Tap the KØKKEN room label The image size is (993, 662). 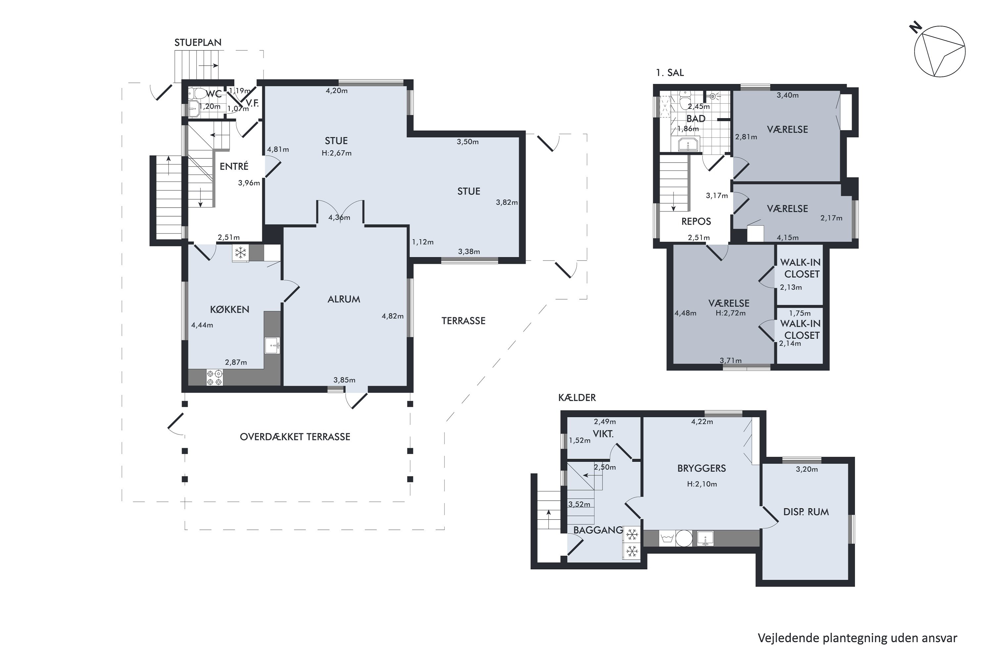coord(230,309)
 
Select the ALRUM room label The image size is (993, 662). coord(344,299)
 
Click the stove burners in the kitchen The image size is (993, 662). coord(214,377)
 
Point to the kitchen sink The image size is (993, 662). coord(272,345)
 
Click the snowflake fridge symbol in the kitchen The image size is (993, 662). coord(241,253)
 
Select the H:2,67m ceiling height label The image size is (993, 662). coord(337,153)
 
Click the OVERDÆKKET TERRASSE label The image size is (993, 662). coord(295,437)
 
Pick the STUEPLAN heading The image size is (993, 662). coord(198,42)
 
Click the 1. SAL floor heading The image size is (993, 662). coord(670,72)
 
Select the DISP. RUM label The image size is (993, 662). coord(806,512)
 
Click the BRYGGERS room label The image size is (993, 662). coord(702,468)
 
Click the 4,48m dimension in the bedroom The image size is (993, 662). coord(685,313)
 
